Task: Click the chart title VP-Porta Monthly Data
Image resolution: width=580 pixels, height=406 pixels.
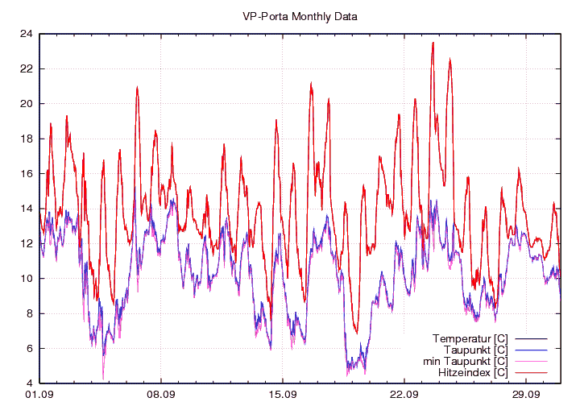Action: [300, 15]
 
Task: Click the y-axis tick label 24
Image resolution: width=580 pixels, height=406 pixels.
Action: [27, 34]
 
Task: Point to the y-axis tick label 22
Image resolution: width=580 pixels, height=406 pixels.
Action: [27, 68]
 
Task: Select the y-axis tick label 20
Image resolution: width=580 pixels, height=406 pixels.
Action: [27, 104]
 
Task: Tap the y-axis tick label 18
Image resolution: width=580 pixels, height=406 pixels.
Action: [27, 139]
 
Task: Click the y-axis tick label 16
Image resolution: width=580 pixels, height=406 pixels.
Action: [27, 173]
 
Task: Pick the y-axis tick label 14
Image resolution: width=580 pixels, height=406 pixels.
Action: [27, 209]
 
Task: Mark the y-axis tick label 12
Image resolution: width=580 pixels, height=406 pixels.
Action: [27, 243]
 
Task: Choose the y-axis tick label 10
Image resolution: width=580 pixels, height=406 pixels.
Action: [27, 279]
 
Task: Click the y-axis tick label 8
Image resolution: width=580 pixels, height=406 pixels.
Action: [29, 313]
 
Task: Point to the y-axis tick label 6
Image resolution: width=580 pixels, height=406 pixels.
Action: [29, 348]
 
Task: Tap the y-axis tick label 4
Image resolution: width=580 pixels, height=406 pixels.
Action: [29, 383]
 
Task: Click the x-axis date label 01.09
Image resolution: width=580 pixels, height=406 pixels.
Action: [39, 395]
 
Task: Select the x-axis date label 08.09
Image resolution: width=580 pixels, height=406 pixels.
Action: [160, 395]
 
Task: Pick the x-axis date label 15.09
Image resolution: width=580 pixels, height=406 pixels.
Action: [282, 395]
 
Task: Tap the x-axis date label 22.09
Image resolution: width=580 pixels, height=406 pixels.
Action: [404, 395]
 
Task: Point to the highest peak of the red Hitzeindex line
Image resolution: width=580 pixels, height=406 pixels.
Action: [433, 43]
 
